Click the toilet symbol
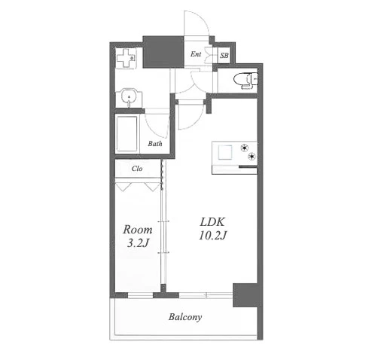coord(245,81)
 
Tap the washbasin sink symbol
coord(129,97)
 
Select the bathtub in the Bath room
coord(127,134)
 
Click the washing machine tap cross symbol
coord(127,58)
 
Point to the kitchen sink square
coord(225,152)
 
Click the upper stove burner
coord(245,148)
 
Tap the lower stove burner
coord(252,157)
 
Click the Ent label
coord(196,54)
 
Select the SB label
coord(224,55)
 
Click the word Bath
coord(155,144)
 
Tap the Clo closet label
coord(137,169)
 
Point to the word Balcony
coord(185,317)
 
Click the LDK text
coord(212,222)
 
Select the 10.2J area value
coord(213,236)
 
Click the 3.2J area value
coord(138,243)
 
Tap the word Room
coord(138,230)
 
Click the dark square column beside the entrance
coord(163,52)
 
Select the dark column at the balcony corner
coord(245,295)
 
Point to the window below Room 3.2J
coord(141,295)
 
